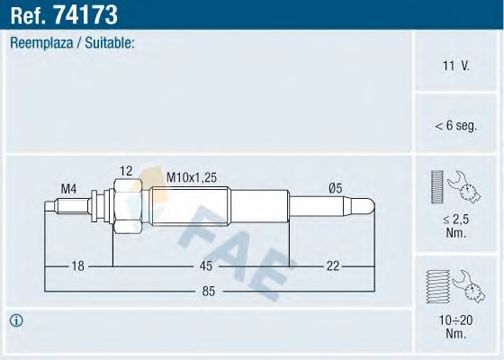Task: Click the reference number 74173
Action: click(x=89, y=14)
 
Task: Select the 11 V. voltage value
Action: click(x=457, y=66)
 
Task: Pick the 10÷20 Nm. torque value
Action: click(x=457, y=326)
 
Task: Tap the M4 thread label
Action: click(x=68, y=187)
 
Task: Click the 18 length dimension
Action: click(x=77, y=265)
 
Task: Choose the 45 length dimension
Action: click(x=204, y=265)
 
